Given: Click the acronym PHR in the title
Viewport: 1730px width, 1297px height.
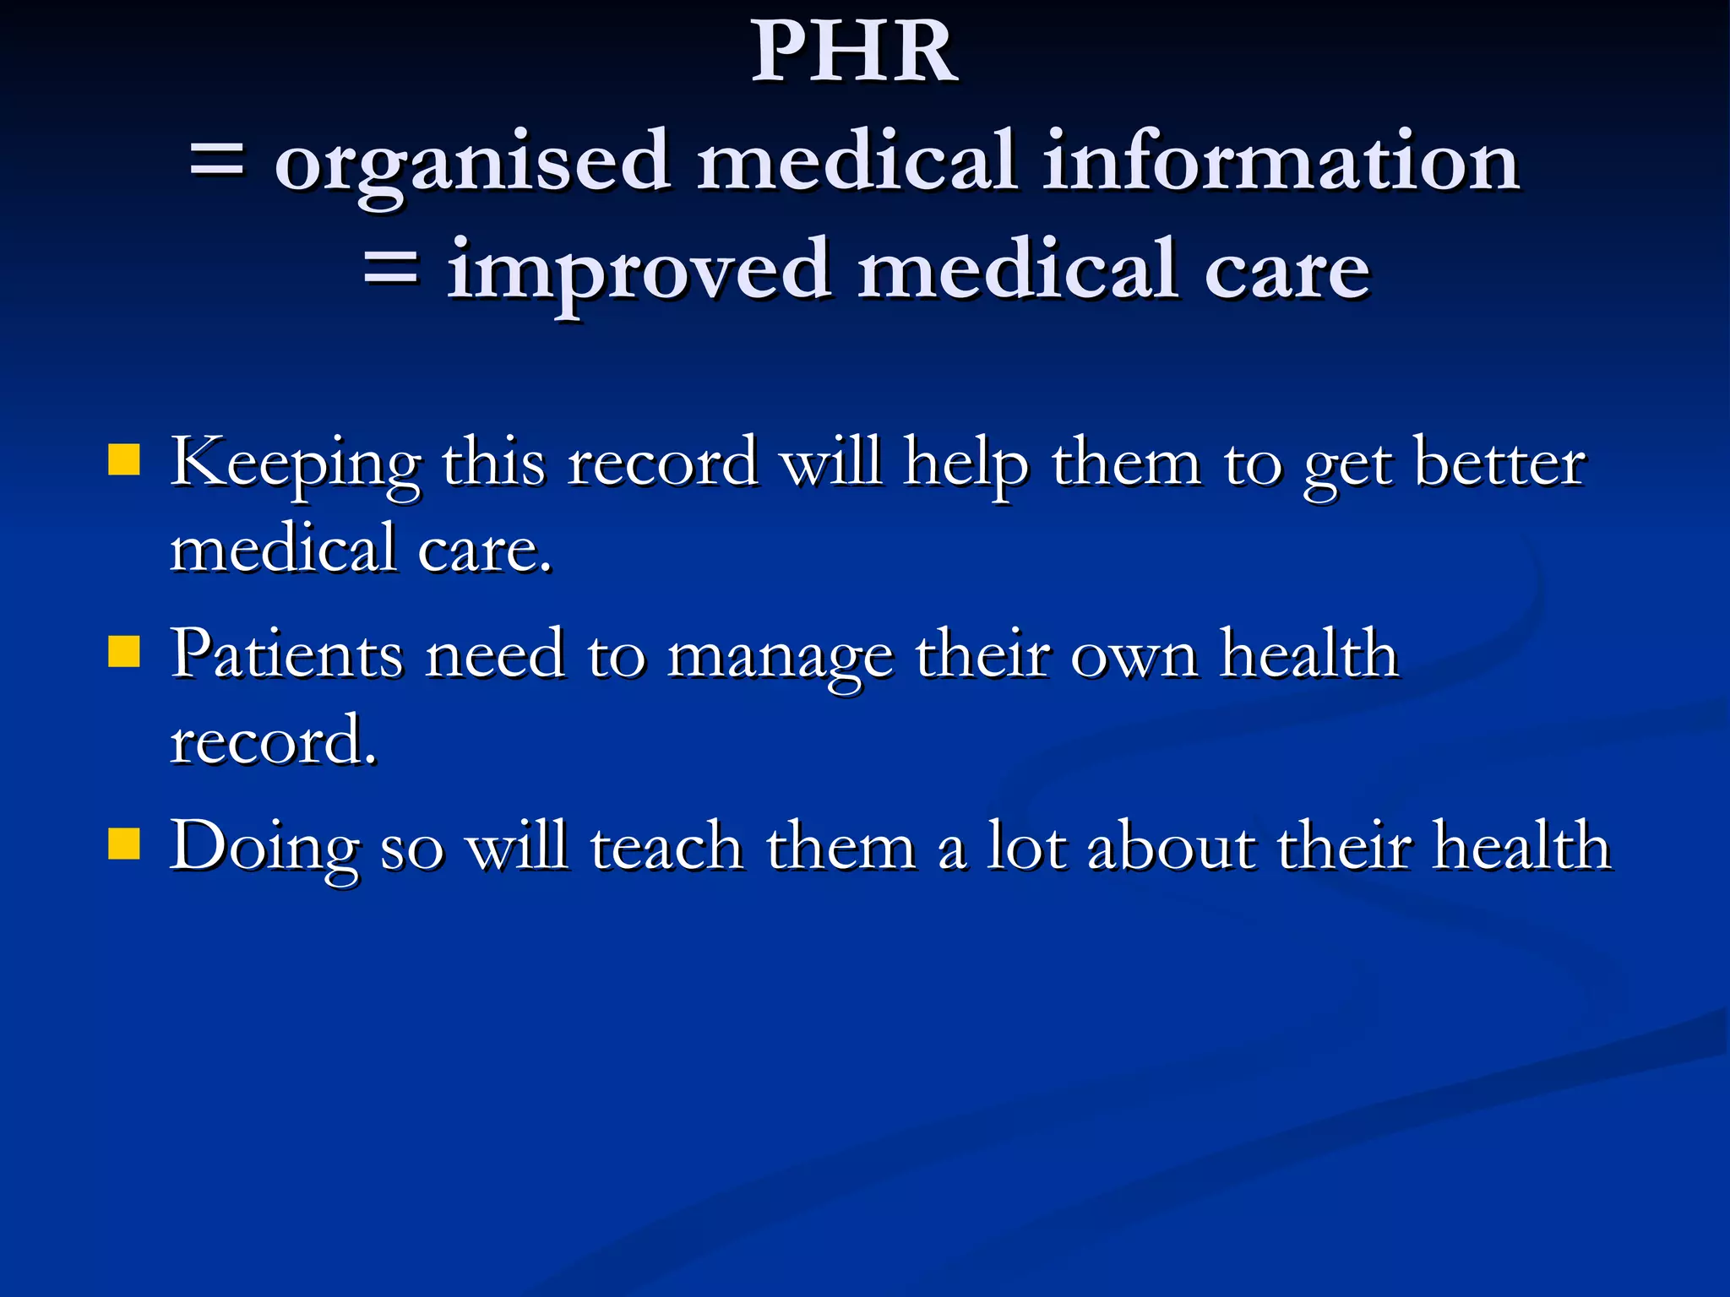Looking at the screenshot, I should [x=854, y=52].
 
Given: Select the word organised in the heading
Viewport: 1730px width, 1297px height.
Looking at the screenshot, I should [x=473, y=164].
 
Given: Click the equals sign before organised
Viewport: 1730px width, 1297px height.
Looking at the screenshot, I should [x=217, y=160].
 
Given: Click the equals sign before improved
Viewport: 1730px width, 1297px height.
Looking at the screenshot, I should [x=390, y=270].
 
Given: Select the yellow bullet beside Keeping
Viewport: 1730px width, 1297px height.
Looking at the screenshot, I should [x=124, y=461].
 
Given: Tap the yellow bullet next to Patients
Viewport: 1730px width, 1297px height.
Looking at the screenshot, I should [x=124, y=652].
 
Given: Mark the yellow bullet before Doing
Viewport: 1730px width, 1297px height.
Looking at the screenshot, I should [x=124, y=844].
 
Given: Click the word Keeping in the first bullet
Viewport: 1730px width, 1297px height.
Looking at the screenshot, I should [x=295, y=465].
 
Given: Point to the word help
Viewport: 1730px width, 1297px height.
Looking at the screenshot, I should [x=966, y=465].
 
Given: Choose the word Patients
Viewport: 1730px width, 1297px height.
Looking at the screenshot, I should [x=286, y=654].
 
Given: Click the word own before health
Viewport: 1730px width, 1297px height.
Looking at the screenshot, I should [x=1134, y=655].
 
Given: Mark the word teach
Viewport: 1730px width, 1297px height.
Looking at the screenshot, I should [x=666, y=845].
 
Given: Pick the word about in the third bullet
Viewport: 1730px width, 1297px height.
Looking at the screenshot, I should [x=1170, y=845].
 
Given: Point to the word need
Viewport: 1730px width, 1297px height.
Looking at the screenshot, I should [x=495, y=654].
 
